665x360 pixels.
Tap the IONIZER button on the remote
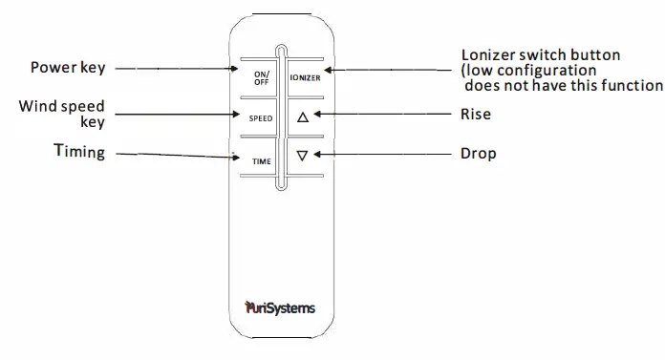click(305, 77)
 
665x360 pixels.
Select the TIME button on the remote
click(262, 161)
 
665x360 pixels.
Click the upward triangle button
click(304, 117)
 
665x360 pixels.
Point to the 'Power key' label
click(68, 67)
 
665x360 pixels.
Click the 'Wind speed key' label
click(61, 113)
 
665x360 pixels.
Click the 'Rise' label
click(476, 115)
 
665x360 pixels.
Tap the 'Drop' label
click(478, 153)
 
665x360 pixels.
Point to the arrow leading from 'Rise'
click(382, 115)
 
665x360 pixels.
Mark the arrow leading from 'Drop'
click(382, 153)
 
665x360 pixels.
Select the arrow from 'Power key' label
click(182, 68)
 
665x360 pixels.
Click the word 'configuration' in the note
click(547, 70)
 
